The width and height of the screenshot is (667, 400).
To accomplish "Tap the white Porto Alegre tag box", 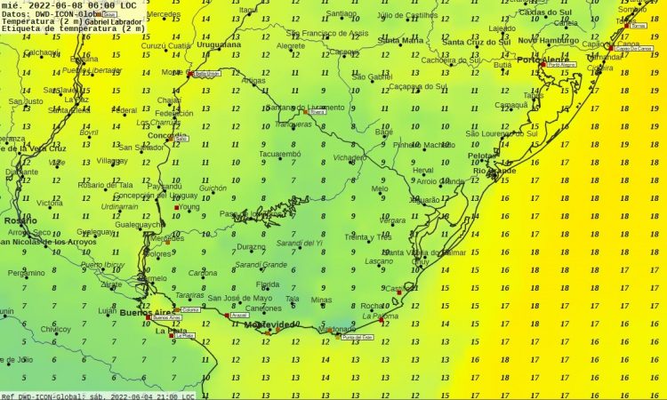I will click(x=561, y=65).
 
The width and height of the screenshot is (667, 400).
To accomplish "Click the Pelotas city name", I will click(x=482, y=155).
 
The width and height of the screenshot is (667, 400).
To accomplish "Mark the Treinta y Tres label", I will click(x=368, y=237).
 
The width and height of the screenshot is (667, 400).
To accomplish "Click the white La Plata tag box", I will click(x=183, y=337).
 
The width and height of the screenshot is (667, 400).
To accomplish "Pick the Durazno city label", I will click(x=251, y=247).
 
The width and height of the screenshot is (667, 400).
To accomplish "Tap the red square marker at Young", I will click(x=174, y=208).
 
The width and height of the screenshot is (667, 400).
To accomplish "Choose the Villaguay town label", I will click(x=112, y=161).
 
